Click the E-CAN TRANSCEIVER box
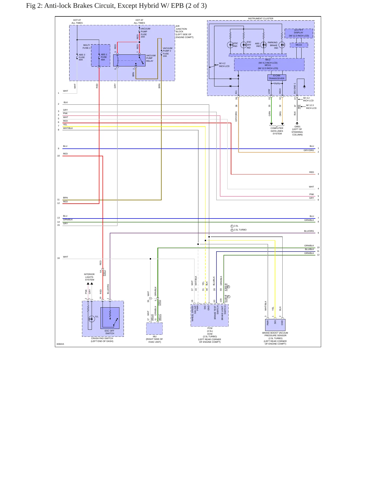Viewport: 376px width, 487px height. [x=277, y=77]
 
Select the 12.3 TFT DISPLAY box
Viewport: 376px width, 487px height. [x=299, y=33]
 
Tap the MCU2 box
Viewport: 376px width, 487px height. [x=299, y=45]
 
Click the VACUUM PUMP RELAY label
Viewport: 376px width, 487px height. [x=151, y=58]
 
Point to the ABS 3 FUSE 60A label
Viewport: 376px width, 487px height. [x=82, y=57]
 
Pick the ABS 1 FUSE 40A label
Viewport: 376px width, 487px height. [x=104, y=57]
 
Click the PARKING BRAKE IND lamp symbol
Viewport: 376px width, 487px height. [x=282, y=45]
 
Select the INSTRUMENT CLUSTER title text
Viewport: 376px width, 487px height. [x=260, y=18]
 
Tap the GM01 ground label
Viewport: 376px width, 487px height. [x=297, y=127]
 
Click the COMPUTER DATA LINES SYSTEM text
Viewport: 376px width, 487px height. [x=277, y=131]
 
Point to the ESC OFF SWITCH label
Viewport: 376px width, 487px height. [x=110, y=332]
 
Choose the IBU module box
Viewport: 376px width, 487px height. [x=154, y=329]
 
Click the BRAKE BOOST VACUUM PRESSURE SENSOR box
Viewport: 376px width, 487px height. [x=275, y=325]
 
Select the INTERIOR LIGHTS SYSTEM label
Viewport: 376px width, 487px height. [x=89, y=277]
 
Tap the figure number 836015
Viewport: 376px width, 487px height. [x=60, y=344]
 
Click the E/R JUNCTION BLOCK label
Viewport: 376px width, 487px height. [x=184, y=32]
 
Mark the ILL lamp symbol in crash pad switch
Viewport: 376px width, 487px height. [x=92, y=319]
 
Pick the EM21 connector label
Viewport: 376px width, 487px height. [x=104, y=273]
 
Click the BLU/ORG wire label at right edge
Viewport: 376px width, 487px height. [x=309, y=231]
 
